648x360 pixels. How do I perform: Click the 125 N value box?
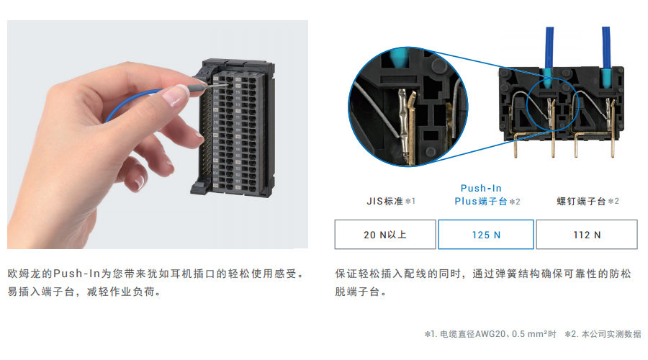tap(486, 234)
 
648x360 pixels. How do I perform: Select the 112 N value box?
tap(587, 234)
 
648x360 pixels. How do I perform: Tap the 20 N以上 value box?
tap(385, 234)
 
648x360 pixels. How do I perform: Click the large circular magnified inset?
tap(408, 107)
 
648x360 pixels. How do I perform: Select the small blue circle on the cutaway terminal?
tap(552, 104)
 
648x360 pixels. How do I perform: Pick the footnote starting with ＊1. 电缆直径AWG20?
tap(490, 333)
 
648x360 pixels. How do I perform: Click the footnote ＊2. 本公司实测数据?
tap(603, 333)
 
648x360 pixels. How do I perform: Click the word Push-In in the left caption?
tap(77, 274)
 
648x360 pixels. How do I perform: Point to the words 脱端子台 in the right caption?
tap(357, 292)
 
